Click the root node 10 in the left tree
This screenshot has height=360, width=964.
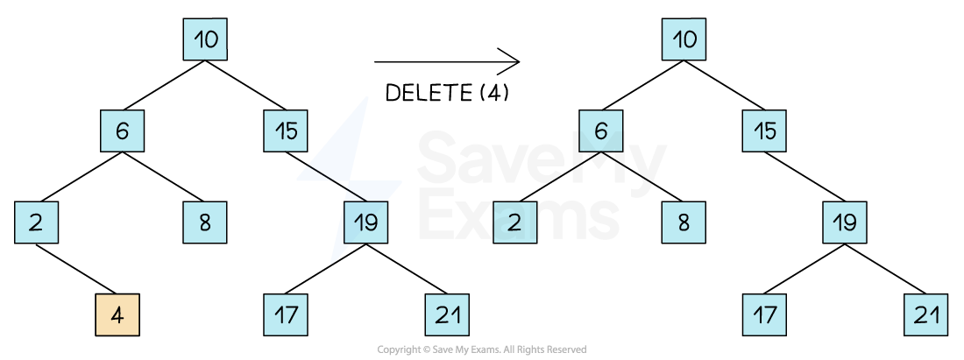click(205, 39)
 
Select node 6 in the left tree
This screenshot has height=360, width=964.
click(122, 131)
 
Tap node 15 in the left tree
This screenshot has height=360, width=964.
click(286, 131)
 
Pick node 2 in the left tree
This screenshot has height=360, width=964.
click(36, 222)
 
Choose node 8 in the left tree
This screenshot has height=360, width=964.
click(205, 222)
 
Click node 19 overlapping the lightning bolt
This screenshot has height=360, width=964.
click(365, 222)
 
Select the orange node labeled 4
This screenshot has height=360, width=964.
click(117, 314)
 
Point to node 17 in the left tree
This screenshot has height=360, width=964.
click(286, 314)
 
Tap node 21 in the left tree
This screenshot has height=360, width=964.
click(447, 314)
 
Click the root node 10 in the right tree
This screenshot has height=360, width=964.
click(684, 39)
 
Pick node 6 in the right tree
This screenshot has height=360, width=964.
click(600, 131)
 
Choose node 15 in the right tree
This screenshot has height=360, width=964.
click(764, 131)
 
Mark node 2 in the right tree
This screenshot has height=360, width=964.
click(514, 222)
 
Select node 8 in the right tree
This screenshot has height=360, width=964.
click(684, 222)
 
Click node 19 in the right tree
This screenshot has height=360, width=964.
click(845, 222)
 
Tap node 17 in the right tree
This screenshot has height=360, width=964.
click(764, 314)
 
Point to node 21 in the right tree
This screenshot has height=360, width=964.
click(925, 314)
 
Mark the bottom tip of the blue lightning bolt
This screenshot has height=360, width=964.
click(331, 262)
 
